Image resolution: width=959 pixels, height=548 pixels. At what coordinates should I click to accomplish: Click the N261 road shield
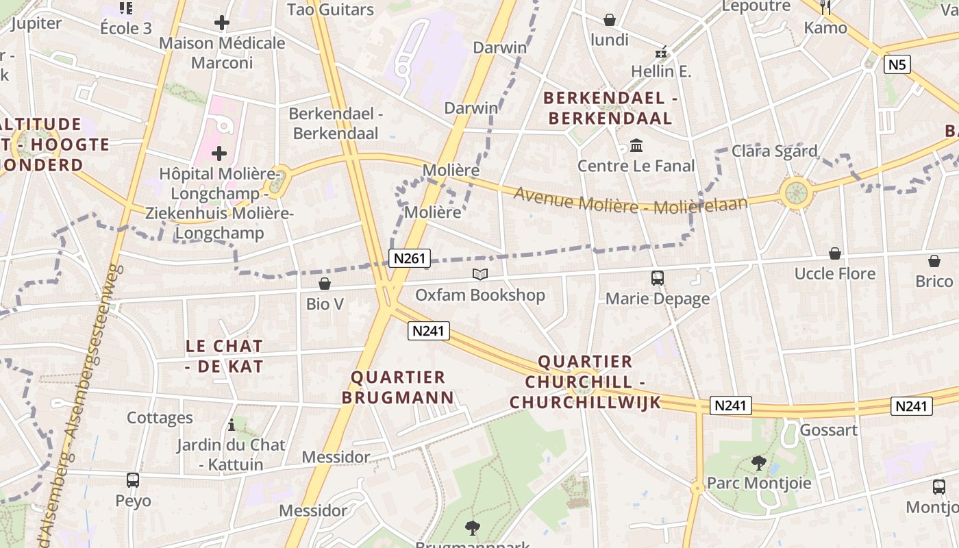410,258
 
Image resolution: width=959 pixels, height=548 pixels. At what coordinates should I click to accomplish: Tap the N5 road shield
897,64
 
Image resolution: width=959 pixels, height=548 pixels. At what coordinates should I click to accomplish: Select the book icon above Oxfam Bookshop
481,275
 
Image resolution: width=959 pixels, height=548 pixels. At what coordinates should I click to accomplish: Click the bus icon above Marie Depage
658,277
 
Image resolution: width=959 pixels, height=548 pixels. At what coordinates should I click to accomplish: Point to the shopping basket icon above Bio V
325,283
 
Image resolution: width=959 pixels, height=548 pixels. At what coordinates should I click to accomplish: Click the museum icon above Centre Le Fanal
636,146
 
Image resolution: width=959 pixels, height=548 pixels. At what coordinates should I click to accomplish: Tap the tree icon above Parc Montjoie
758,463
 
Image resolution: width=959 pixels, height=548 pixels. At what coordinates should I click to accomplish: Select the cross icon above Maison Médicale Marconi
221,23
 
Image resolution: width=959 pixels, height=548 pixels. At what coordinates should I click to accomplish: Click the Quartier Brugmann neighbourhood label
398,387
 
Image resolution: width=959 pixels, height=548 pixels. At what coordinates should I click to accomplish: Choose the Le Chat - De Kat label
224,356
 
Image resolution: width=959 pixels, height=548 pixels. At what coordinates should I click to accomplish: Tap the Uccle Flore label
834,274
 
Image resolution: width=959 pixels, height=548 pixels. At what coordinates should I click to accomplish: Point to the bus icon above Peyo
133,480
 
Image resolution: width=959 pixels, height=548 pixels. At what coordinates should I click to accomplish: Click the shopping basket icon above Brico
934,261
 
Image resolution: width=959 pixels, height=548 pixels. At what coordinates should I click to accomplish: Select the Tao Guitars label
330,10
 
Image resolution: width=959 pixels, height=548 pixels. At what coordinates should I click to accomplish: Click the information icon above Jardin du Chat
232,425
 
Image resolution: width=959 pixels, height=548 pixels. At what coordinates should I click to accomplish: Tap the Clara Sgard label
774,151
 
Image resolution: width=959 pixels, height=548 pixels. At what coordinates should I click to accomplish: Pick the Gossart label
828,430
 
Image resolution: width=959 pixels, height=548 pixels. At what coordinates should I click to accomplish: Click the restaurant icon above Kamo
825,8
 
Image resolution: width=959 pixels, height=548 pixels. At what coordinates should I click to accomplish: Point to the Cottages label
160,418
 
